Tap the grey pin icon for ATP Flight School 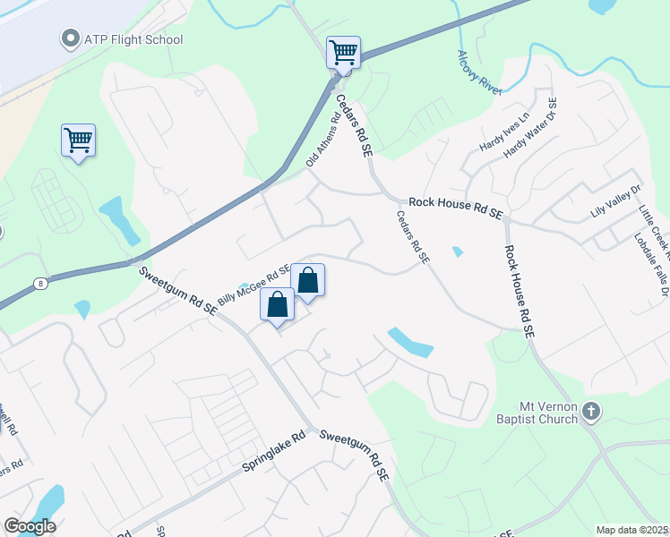69,38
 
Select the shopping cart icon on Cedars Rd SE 343,53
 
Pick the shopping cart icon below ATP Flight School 78,141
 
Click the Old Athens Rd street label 324,133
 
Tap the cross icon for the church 590,411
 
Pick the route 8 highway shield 39,283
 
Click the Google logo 30,526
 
